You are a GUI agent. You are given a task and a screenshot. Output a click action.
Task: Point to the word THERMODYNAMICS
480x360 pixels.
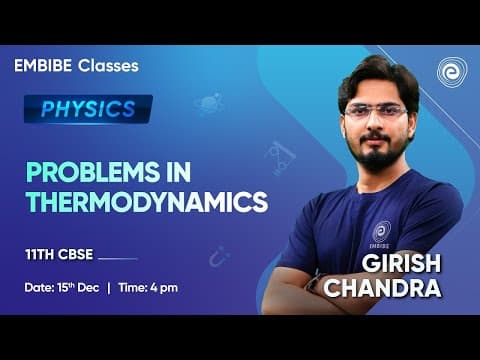point(147,201)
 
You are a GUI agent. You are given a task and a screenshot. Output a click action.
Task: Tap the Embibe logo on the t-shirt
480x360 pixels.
point(381,232)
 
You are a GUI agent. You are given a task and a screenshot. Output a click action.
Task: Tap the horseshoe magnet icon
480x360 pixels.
point(218,258)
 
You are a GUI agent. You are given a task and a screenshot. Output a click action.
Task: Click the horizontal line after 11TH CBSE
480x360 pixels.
point(119,256)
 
